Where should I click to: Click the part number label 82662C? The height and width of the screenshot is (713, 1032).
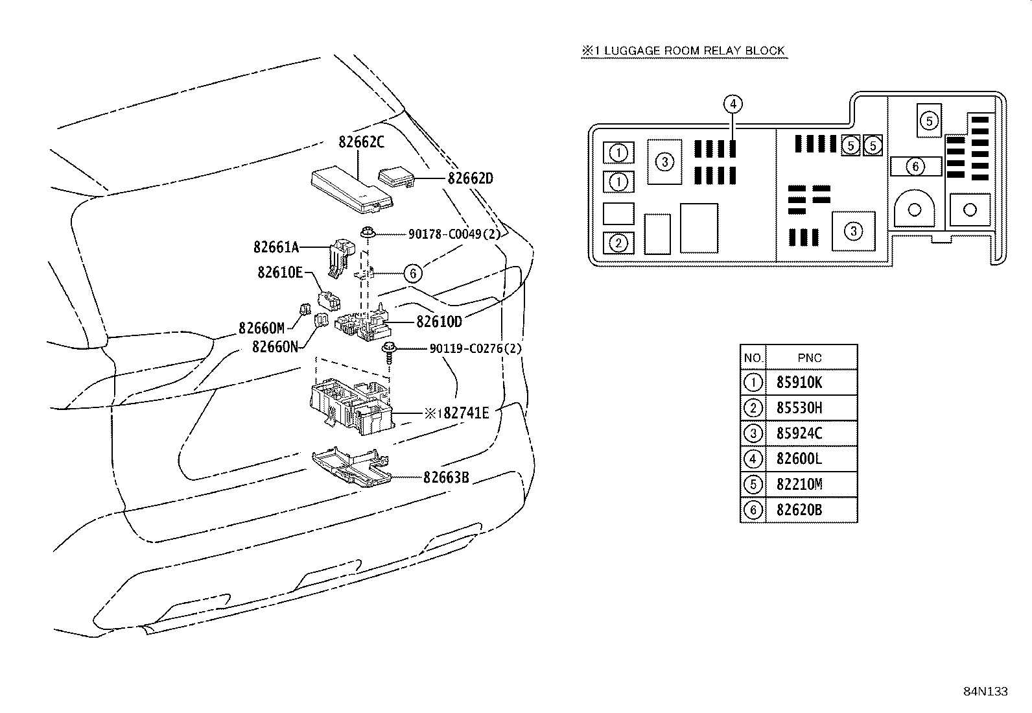click(x=361, y=142)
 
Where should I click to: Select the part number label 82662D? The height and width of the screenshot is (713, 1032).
click(x=471, y=178)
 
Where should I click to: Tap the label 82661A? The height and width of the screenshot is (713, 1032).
click(x=276, y=247)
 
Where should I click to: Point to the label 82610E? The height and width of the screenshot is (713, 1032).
click(x=280, y=272)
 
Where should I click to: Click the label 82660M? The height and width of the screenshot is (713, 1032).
click(x=261, y=328)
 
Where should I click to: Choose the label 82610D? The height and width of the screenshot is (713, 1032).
click(x=439, y=321)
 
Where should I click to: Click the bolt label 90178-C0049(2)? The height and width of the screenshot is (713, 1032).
click(x=454, y=234)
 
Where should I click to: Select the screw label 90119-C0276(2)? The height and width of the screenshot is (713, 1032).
click(x=475, y=348)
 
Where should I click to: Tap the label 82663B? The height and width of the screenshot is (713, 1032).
click(x=446, y=477)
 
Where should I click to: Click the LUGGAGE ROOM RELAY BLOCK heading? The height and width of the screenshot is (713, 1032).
click(x=694, y=51)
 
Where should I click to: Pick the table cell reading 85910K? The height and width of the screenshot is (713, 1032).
click(x=799, y=382)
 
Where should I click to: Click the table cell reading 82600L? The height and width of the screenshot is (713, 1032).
click(x=799, y=459)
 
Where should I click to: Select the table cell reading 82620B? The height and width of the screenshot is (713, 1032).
click(x=799, y=510)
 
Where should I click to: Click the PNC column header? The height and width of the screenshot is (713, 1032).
click(x=810, y=358)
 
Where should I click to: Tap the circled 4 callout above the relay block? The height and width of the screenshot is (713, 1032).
click(x=733, y=104)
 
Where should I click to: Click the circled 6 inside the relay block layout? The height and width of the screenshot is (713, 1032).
click(x=915, y=167)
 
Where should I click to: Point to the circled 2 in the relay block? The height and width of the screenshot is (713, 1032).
click(x=618, y=243)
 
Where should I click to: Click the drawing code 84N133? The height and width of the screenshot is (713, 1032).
click(x=985, y=692)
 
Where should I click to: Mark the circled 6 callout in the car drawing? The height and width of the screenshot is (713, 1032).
click(x=413, y=274)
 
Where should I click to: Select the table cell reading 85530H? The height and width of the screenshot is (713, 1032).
click(x=799, y=407)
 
